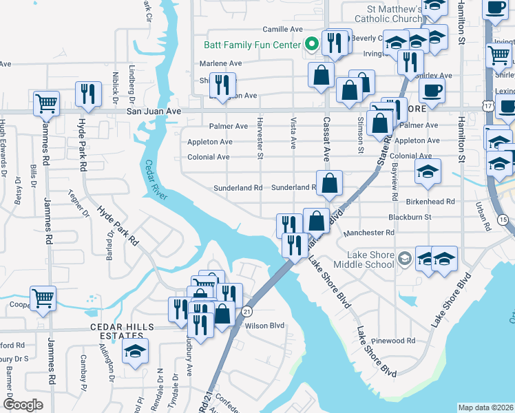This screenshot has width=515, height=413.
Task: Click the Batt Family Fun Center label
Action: [x=253, y=45]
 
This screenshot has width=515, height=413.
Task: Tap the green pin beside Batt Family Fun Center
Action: [x=311, y=45]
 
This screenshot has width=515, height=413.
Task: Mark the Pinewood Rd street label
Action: [x=392, y=341]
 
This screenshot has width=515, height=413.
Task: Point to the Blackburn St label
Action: [x=410, y=217]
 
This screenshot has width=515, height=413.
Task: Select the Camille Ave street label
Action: [x=283, y=30]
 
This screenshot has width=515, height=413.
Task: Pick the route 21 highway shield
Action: [x=247, y=311]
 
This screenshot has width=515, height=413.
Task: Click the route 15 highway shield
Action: [x=503, y=220]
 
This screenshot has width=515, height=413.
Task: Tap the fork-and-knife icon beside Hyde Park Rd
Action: [x=88, y=95]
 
